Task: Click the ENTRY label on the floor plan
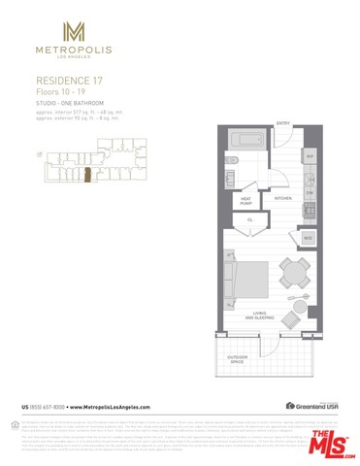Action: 283,123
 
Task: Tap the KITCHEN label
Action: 283,198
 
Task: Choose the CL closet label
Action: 249,219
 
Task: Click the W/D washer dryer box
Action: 309,237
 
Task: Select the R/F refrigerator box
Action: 310,155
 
